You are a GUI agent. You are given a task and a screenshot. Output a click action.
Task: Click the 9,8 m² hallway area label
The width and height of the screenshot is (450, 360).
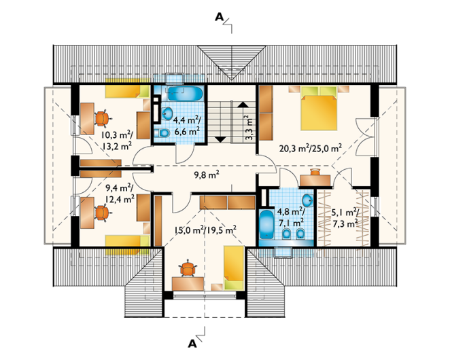[207, 175]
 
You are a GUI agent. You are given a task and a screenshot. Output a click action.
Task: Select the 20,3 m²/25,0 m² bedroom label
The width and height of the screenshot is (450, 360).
[311, 148]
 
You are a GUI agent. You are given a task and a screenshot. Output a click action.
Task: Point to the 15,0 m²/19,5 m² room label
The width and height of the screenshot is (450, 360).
[205, 230]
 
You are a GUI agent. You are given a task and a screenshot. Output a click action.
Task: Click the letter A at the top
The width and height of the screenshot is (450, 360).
[219, 18]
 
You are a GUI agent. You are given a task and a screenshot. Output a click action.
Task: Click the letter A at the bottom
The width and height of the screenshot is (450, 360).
[192, 344]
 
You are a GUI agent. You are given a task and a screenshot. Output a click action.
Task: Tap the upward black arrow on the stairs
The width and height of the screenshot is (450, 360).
[243, 105]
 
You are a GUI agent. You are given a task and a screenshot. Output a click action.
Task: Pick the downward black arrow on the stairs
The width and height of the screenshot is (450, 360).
[221, 139]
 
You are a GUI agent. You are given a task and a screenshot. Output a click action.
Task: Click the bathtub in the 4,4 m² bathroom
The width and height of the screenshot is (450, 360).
[185, 94]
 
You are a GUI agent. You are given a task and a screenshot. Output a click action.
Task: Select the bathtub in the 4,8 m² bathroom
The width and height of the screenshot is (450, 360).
[267, 224]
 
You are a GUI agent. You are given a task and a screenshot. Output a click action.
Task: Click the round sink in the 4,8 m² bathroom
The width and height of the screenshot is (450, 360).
[308, 200]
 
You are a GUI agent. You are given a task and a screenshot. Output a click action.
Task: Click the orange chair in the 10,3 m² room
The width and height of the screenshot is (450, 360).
[101, 118]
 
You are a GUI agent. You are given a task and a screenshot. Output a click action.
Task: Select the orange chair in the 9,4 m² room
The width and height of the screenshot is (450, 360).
[102, 213]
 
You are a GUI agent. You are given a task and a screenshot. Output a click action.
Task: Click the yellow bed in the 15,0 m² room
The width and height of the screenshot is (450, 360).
[234, 268]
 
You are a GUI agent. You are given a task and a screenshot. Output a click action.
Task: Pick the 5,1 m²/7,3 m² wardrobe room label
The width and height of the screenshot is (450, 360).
[345, 218]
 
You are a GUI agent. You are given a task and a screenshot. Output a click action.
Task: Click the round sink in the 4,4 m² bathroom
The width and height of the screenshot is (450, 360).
[167, 113]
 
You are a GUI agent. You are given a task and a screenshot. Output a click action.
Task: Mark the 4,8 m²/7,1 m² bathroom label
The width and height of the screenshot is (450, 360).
[290, 217]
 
